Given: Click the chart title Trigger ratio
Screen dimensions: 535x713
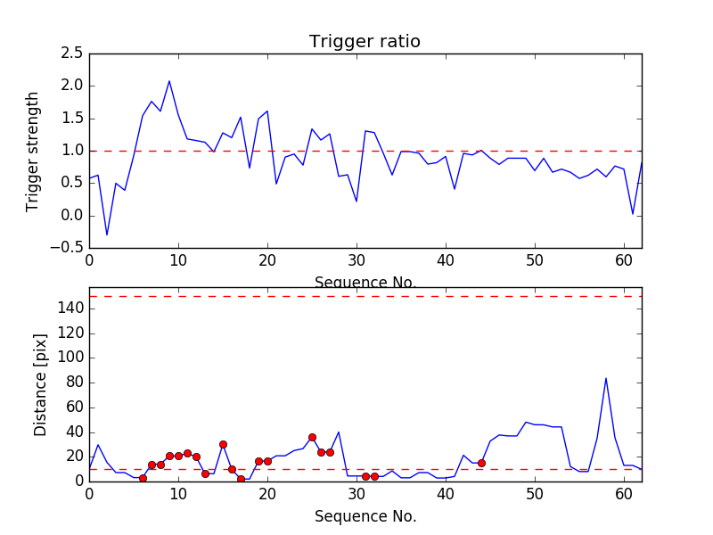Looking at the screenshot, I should point(365,42).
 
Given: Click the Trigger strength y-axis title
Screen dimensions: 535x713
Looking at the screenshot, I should point(33,151).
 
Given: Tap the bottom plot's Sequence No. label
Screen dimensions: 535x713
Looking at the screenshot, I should point(365,516).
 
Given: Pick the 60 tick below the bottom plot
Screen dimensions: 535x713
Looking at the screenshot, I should point(624,492).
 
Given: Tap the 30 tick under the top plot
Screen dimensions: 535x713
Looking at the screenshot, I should point(356,259).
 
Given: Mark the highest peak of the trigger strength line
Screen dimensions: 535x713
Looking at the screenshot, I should point(169,81).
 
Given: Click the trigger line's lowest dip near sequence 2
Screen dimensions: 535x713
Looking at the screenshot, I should point(107,235).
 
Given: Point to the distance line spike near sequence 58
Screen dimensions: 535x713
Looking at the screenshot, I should point(606,378).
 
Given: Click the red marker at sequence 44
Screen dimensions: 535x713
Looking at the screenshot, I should point(481,463).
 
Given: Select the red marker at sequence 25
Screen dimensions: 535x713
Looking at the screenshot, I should point(312,437).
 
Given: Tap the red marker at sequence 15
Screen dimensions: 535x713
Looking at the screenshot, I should point(223,444).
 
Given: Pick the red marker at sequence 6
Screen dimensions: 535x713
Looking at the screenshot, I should point(143,478).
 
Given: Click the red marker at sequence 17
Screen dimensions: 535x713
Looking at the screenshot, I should point(241,479).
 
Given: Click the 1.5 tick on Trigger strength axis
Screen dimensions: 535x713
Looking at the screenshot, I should point(72,119).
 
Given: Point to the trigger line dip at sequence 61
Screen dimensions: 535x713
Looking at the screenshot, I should point(633,214).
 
